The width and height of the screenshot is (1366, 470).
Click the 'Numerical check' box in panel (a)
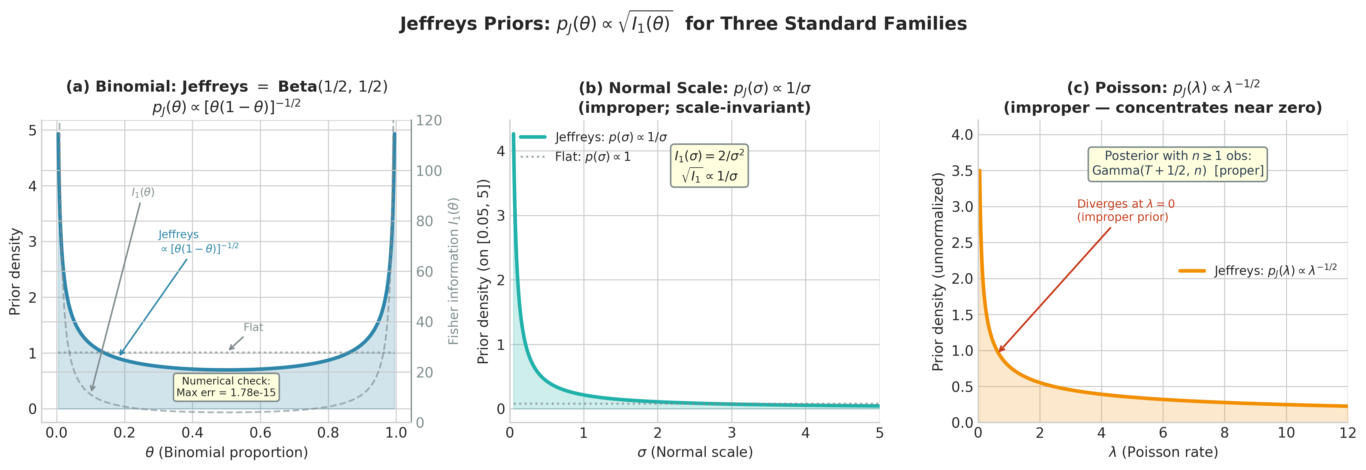click(x=226, y=387)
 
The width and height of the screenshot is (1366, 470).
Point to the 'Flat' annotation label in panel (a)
click(x=253, y=327)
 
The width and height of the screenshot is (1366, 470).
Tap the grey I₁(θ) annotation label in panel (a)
click(x=143, y=192)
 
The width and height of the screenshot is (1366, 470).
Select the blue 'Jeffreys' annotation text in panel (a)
click(x=179, y=234)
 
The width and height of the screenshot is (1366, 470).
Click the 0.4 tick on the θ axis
click(x=192, y=433)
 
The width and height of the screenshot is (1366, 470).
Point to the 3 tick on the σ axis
click(x=731, y=433)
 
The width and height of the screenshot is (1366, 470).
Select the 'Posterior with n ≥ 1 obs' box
click(x=1177, y=163)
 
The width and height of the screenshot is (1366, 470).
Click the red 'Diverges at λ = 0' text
click(x=1125, y=210)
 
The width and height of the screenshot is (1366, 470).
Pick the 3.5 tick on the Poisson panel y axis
click(x=962, y=171)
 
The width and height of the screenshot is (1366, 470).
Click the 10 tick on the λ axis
click(x=1286, y=433)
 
